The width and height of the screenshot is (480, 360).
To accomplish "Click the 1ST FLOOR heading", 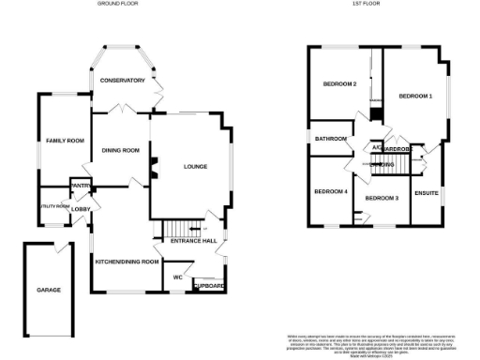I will point(365,4).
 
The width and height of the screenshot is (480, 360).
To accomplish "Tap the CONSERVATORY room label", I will point(124,81).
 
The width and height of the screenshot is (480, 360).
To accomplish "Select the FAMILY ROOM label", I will point(66,141).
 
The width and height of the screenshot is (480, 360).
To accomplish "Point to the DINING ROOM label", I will point(121,150).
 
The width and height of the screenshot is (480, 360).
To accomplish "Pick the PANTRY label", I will point(81,186).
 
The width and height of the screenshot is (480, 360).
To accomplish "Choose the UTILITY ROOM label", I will point(54,206).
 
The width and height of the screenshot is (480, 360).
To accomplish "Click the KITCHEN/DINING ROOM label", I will point(127,262).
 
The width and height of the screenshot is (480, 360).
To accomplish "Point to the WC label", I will point(175,277).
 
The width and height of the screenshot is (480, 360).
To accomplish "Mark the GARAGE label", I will point(49,290).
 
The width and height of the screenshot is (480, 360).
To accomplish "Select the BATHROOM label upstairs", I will point(331,139).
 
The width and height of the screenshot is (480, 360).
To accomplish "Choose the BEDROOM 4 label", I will point(331,191).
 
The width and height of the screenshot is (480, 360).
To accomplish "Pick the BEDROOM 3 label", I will point(382,198).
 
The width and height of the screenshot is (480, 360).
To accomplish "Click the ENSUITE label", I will point(427,193).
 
